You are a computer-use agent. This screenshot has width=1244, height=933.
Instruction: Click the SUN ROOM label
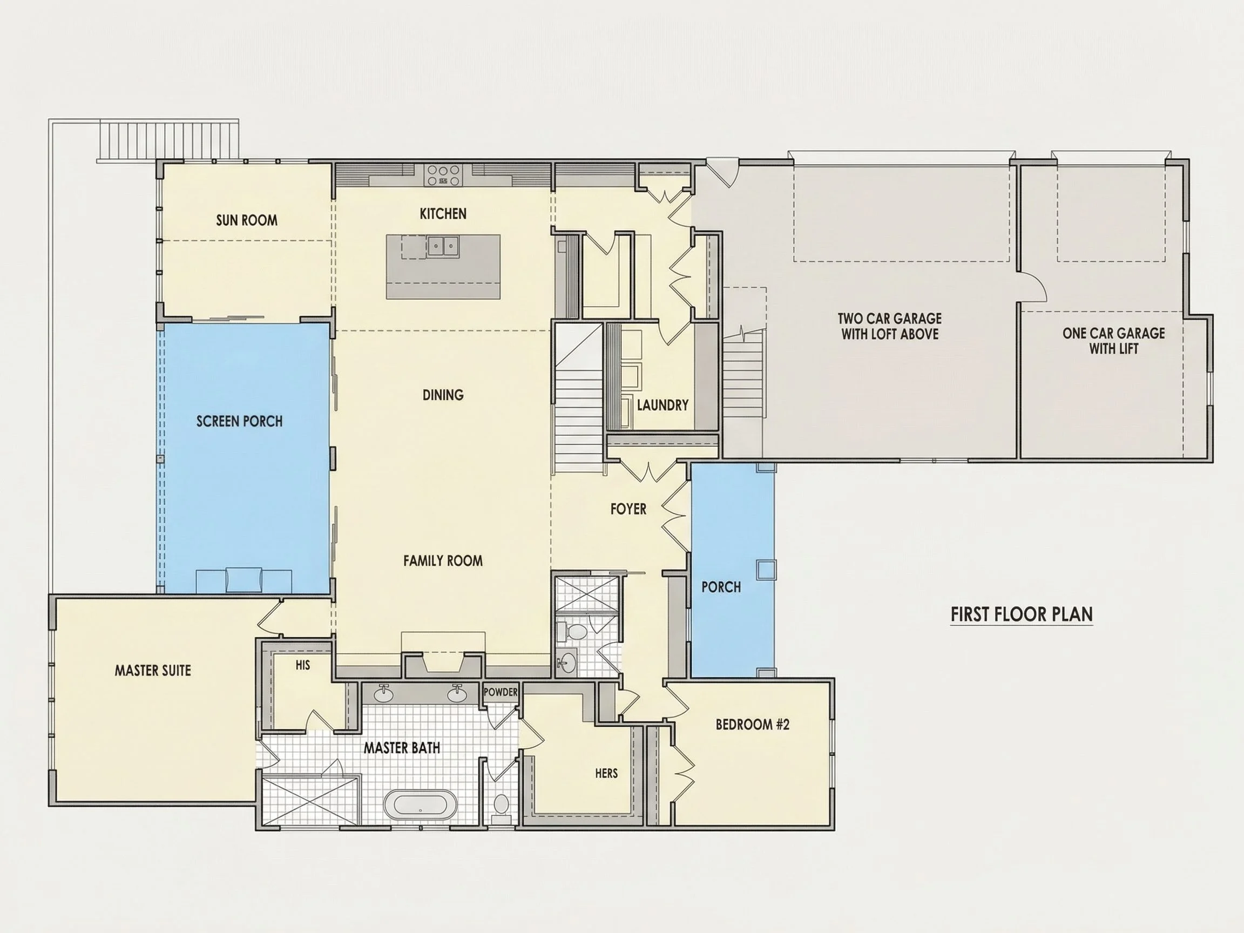[246, 220]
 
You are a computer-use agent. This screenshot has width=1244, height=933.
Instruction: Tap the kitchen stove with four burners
[443, 175]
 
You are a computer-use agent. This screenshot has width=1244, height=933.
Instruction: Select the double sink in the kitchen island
[443, 246]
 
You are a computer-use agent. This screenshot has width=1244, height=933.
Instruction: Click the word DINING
[443, 395]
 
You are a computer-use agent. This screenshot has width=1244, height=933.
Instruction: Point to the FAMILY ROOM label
[443, 560]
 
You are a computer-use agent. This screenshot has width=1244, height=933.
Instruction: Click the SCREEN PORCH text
[240, 421]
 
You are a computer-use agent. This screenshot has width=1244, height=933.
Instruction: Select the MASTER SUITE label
[153, 671]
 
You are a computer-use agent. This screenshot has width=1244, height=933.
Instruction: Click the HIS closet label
[302, 665]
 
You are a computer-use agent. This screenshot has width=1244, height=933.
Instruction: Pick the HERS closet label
[606, 773]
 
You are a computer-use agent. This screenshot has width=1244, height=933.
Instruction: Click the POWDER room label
[501, 692]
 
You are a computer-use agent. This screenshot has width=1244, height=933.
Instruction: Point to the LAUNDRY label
[662, 405]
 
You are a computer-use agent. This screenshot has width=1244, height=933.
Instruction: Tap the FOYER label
[628, 509]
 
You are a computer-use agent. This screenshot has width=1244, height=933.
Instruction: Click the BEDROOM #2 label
[753, 725]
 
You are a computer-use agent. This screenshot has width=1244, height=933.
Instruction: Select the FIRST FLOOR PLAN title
[1022, 614]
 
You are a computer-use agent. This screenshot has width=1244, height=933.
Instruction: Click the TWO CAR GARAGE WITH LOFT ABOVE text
[890, 326]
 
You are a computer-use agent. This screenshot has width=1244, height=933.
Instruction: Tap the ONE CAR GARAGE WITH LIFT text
[1113, 341]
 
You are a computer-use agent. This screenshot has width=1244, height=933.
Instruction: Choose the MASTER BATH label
[402, 748]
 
